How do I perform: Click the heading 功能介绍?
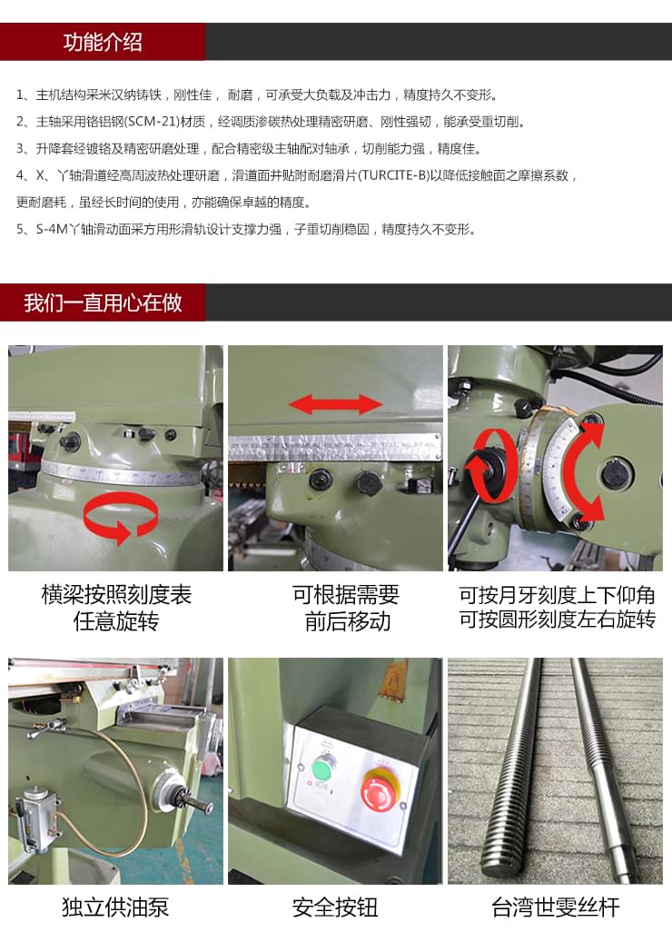[x=103, y=42]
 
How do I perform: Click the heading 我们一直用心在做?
[x=103, y=302]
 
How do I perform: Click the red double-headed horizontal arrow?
[x=335, y=404]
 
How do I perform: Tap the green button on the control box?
[x=321, y=769]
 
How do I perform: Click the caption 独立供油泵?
[x=115, y=907]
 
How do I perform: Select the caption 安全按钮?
[x=335, y=907]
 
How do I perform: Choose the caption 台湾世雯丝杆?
[x=555, y=907]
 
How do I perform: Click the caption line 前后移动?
[x=335, y=622]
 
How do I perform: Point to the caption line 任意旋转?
[x=115, y=622]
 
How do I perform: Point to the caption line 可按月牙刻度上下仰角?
[x=555, y=596]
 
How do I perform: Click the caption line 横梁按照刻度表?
[x=115, y=596]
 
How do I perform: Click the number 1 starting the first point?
[x=20, y=95]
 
